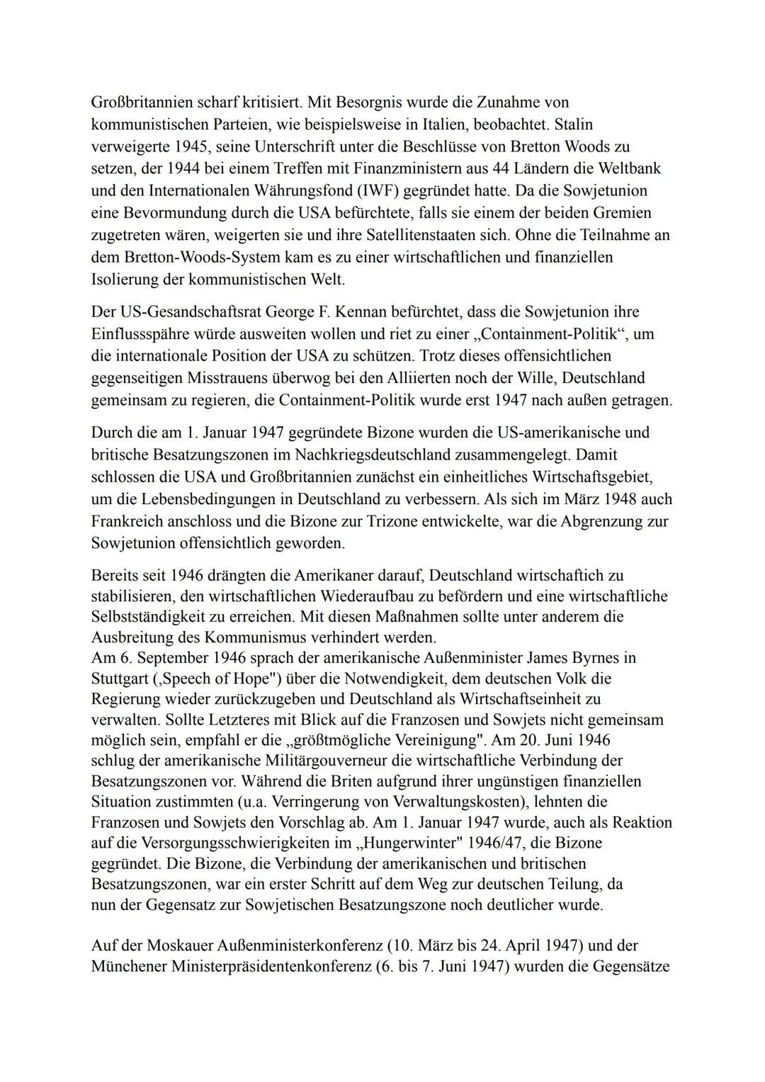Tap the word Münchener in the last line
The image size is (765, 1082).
(129, 966)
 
